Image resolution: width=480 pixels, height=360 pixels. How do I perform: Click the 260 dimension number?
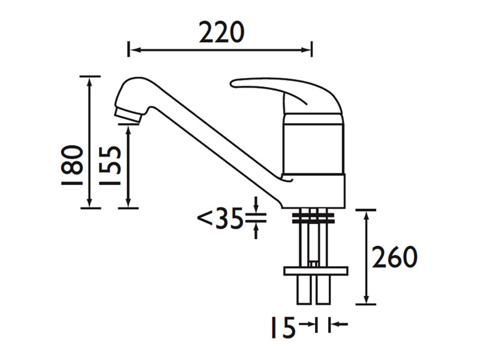click(x=394, y=257)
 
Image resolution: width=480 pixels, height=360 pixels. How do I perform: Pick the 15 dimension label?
click(x=283, y=328)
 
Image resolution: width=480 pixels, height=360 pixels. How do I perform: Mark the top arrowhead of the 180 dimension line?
click(x=90, y=81)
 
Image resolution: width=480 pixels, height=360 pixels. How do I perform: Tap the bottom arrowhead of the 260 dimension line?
click(x=365, y=299)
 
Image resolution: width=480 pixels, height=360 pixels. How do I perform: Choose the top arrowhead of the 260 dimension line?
click(x=365, y=214)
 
